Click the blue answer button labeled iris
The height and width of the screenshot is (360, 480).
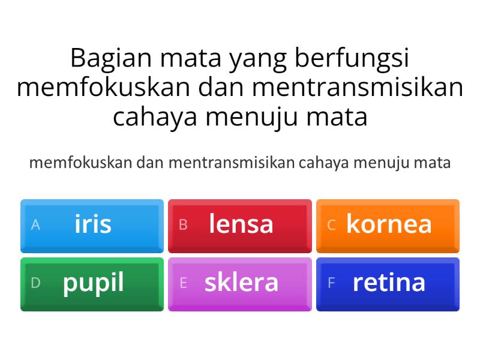coord(92,225)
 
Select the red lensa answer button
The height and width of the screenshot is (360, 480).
coord(240,225)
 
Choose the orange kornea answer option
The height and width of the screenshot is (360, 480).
coord(388,225)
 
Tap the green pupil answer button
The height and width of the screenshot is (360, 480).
coord(92,284)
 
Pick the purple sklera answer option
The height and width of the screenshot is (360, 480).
coord(240,284)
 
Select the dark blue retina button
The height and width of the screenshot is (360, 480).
coord(388,284)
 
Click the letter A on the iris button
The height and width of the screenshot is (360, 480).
coord(35,225)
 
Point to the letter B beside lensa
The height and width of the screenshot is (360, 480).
coord(184,225)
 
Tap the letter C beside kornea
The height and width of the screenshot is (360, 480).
coord(331,225)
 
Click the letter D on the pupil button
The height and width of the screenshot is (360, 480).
coord(35,283)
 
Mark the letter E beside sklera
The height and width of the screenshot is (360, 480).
coord(184,283)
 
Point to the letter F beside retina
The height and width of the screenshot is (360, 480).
coord(331,283)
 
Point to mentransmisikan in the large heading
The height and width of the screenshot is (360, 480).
coord(358,88)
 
